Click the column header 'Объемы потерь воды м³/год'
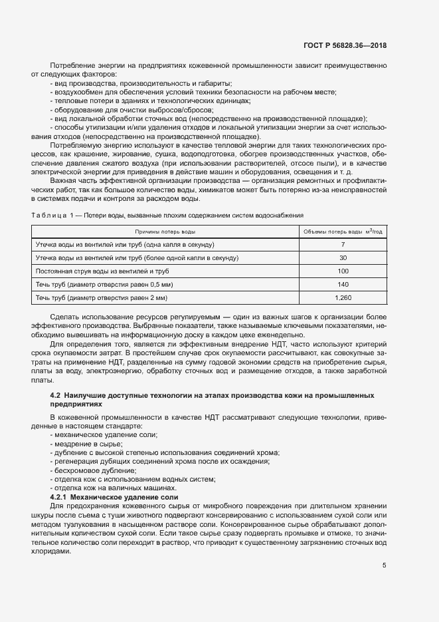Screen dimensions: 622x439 click(x=343, y=232)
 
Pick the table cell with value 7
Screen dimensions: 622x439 click(x=343, y=245)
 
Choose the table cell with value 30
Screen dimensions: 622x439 click(x=343, y=257)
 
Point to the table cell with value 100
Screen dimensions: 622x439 click(x=343, y=271)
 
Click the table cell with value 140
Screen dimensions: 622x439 click(x=343, y=284)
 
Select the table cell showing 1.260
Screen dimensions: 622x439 click(x=343, y=297)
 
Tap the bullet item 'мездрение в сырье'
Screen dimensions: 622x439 click(x=84, y=443)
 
